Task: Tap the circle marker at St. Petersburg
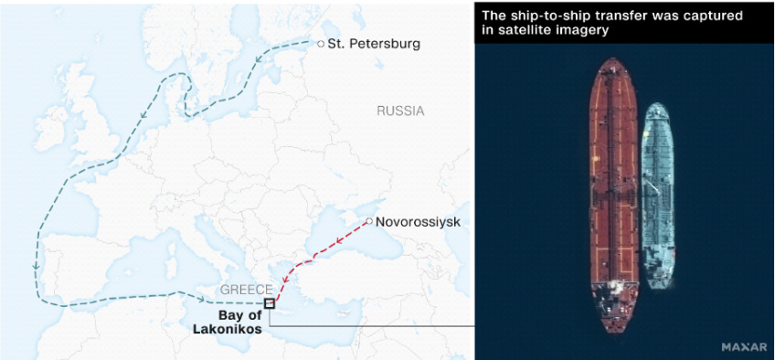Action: (321, 44)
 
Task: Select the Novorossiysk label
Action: (418, 222)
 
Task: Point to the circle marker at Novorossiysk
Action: (369, 221)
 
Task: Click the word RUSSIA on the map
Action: (400, 111)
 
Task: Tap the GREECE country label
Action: (246, 290)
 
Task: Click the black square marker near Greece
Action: (269, 303)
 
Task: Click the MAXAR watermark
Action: (743, 347)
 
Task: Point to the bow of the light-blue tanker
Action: (656, 108)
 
